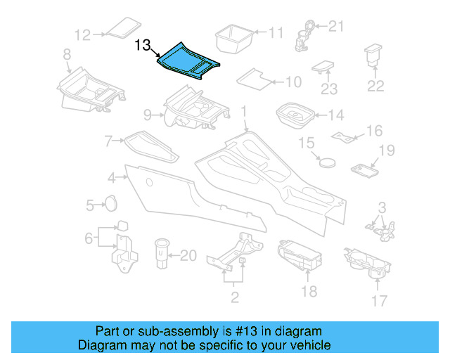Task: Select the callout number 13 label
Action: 143,46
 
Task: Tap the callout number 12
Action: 83,34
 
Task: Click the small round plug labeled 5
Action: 110,204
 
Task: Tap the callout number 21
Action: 337,27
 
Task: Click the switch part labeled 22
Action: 373,57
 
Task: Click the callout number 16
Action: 374,131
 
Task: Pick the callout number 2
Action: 235,297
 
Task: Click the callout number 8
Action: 66,54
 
